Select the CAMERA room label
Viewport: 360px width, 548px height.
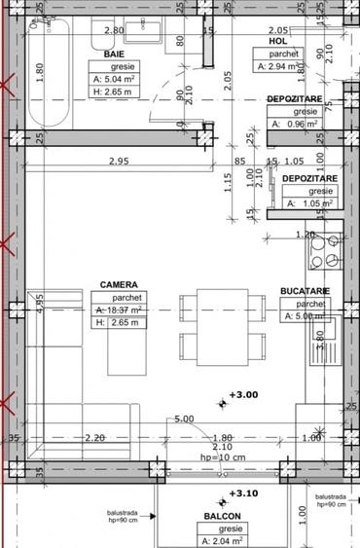click(117, 285)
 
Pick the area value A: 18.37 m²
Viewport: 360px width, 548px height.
click(120, 310)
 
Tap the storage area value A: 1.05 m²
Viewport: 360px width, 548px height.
click(310, 203)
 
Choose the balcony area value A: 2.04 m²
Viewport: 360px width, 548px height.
click(223, 540)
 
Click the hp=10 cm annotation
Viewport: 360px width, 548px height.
click(223, 457)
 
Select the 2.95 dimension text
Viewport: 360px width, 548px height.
click(120, 161)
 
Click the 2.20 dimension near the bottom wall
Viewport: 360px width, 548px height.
click(94, 438)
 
